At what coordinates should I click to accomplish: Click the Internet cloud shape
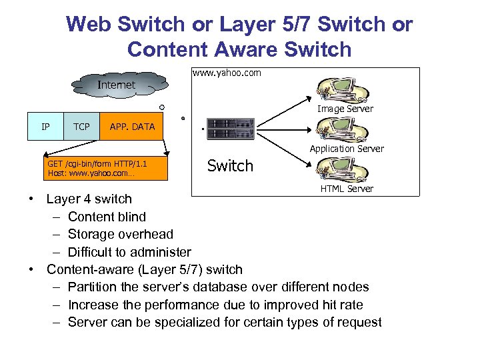[x=117, y=84]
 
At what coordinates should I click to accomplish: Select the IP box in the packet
[x=45, y=127]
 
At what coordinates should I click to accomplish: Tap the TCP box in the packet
[x=81, y=127]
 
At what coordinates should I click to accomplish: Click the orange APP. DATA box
[x=132, y=127]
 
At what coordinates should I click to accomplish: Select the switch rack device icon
[x=230, y=129]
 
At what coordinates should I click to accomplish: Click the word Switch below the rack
[x=230, y=166]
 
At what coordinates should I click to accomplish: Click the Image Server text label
[x=345, y=109]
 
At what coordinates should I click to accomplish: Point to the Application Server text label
[x=346, y=149]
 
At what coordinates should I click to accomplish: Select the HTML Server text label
[x=347, y=189]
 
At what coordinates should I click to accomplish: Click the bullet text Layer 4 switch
[x=89, y=199]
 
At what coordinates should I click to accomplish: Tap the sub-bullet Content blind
[x=107, y=217]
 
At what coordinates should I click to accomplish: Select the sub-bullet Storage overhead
[x=120, y=234]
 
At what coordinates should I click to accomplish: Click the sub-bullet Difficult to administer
[x=129, y=252]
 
